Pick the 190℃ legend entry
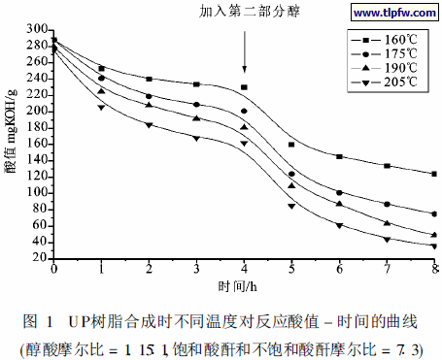(x=390, y=71)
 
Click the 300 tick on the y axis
(x=38, y=29)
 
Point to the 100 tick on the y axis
(x=38, y=192)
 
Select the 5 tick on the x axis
(x=291, y=270)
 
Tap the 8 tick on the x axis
(x=433, y=270)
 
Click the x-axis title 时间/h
(x=244, y=288)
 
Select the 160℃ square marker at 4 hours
(x=244, y=87)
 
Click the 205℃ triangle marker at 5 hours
(x=291, y=206)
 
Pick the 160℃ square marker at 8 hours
(x=433, y=174)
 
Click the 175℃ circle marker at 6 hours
(x=339, y=192)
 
